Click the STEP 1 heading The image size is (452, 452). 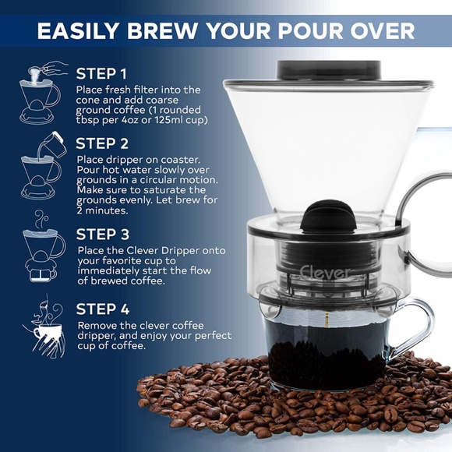[101, 74]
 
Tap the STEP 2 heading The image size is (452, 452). [102, 144]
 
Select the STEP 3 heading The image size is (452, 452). [102, 233]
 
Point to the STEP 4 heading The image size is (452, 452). [102, 309]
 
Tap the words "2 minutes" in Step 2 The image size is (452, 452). [101, 210]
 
